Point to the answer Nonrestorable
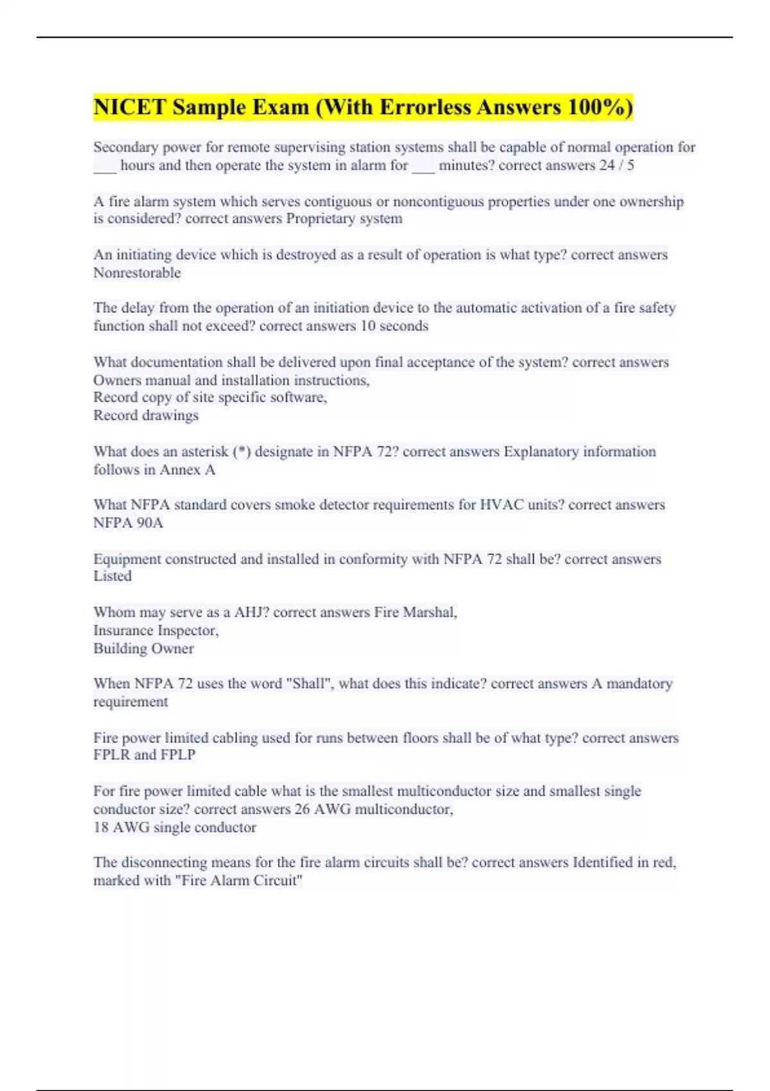pyautogui.click(x=137, y=273)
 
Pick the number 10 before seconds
pyautogui.click(x=368, y=326)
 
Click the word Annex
pyautogui.click(x=180, y=470)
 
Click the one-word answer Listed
pyautogui.click(x=112, y=576)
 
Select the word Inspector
pyautogui.click(x=187, y=630)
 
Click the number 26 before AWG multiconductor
pyautogui.click(x=302, y=809)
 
